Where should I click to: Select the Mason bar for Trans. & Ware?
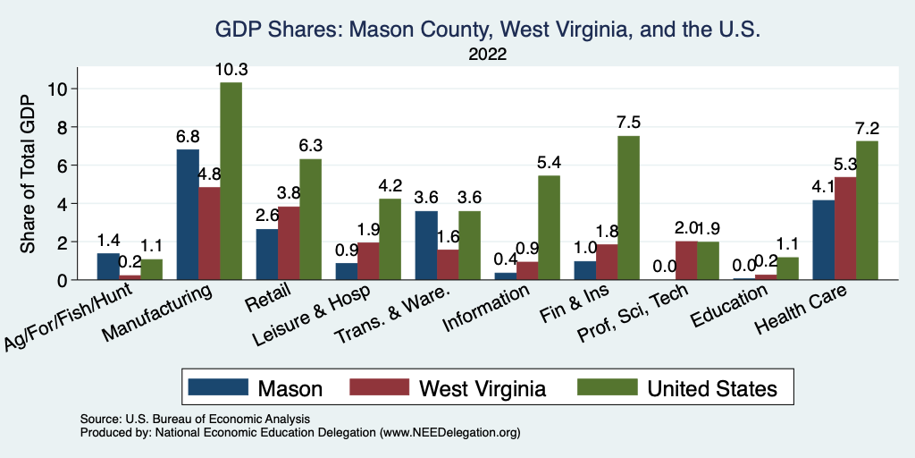(x=426, y=245)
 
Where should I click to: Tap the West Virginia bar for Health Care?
(x=845, y=228)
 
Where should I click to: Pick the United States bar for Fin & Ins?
(x=628, y=208)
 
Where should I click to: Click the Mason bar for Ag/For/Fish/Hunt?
(x=108, y=267)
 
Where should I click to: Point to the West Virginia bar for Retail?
(x=289, y=243)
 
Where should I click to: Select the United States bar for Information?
(x=549, y=227)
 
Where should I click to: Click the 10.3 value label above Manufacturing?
(x=231, y=70)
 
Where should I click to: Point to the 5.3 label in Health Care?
(x=845, y=165)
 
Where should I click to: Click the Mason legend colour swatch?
(x=217, y=387)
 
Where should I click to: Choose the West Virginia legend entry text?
(x=483, y=388)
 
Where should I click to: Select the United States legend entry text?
(x=712, y=388)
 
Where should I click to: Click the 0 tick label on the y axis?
(x=63, y=280)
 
